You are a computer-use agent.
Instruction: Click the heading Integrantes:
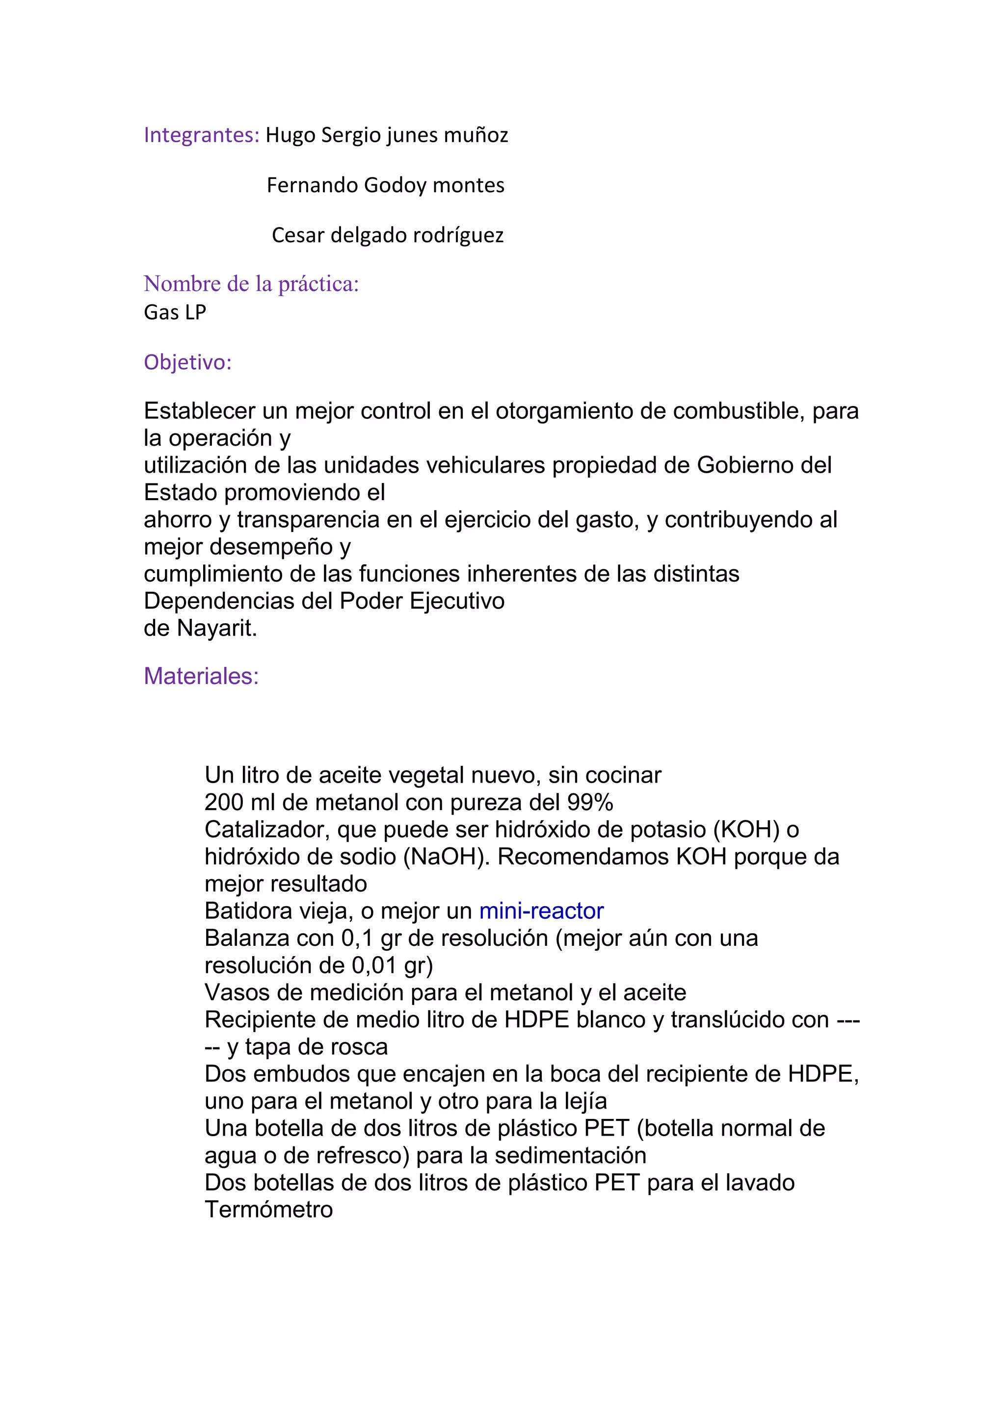201,135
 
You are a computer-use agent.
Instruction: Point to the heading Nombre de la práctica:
251,284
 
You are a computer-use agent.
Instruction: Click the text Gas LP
175,312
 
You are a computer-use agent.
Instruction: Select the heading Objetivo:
187,362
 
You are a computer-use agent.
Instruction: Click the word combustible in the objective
739,411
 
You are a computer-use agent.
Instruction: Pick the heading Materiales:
201,676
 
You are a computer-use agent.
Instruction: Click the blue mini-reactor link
541,911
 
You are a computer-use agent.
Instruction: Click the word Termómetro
268,1210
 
